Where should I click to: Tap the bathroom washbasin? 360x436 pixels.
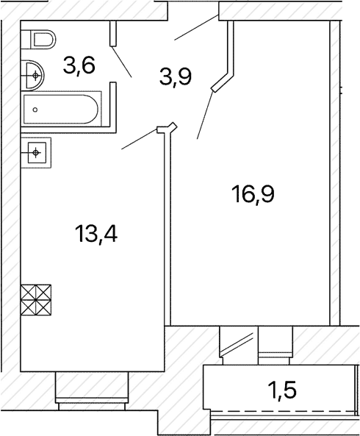tap(32, 75)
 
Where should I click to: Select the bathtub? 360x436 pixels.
tap(61, 110)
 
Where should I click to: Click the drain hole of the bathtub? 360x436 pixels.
tap(35, 110)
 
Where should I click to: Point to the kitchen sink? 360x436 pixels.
tap(36, 152)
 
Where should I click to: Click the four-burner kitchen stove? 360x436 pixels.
tap(36, 300)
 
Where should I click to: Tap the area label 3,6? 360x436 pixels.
tap(79, 66)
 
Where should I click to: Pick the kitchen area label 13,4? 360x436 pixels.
tap(96, 234)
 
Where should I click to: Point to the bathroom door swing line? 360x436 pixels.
tap(122, 62)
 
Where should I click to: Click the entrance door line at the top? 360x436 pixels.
tap(196, 28)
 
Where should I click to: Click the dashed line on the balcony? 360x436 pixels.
tap(283, 411)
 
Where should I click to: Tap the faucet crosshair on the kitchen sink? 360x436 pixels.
tap(35, 152)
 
